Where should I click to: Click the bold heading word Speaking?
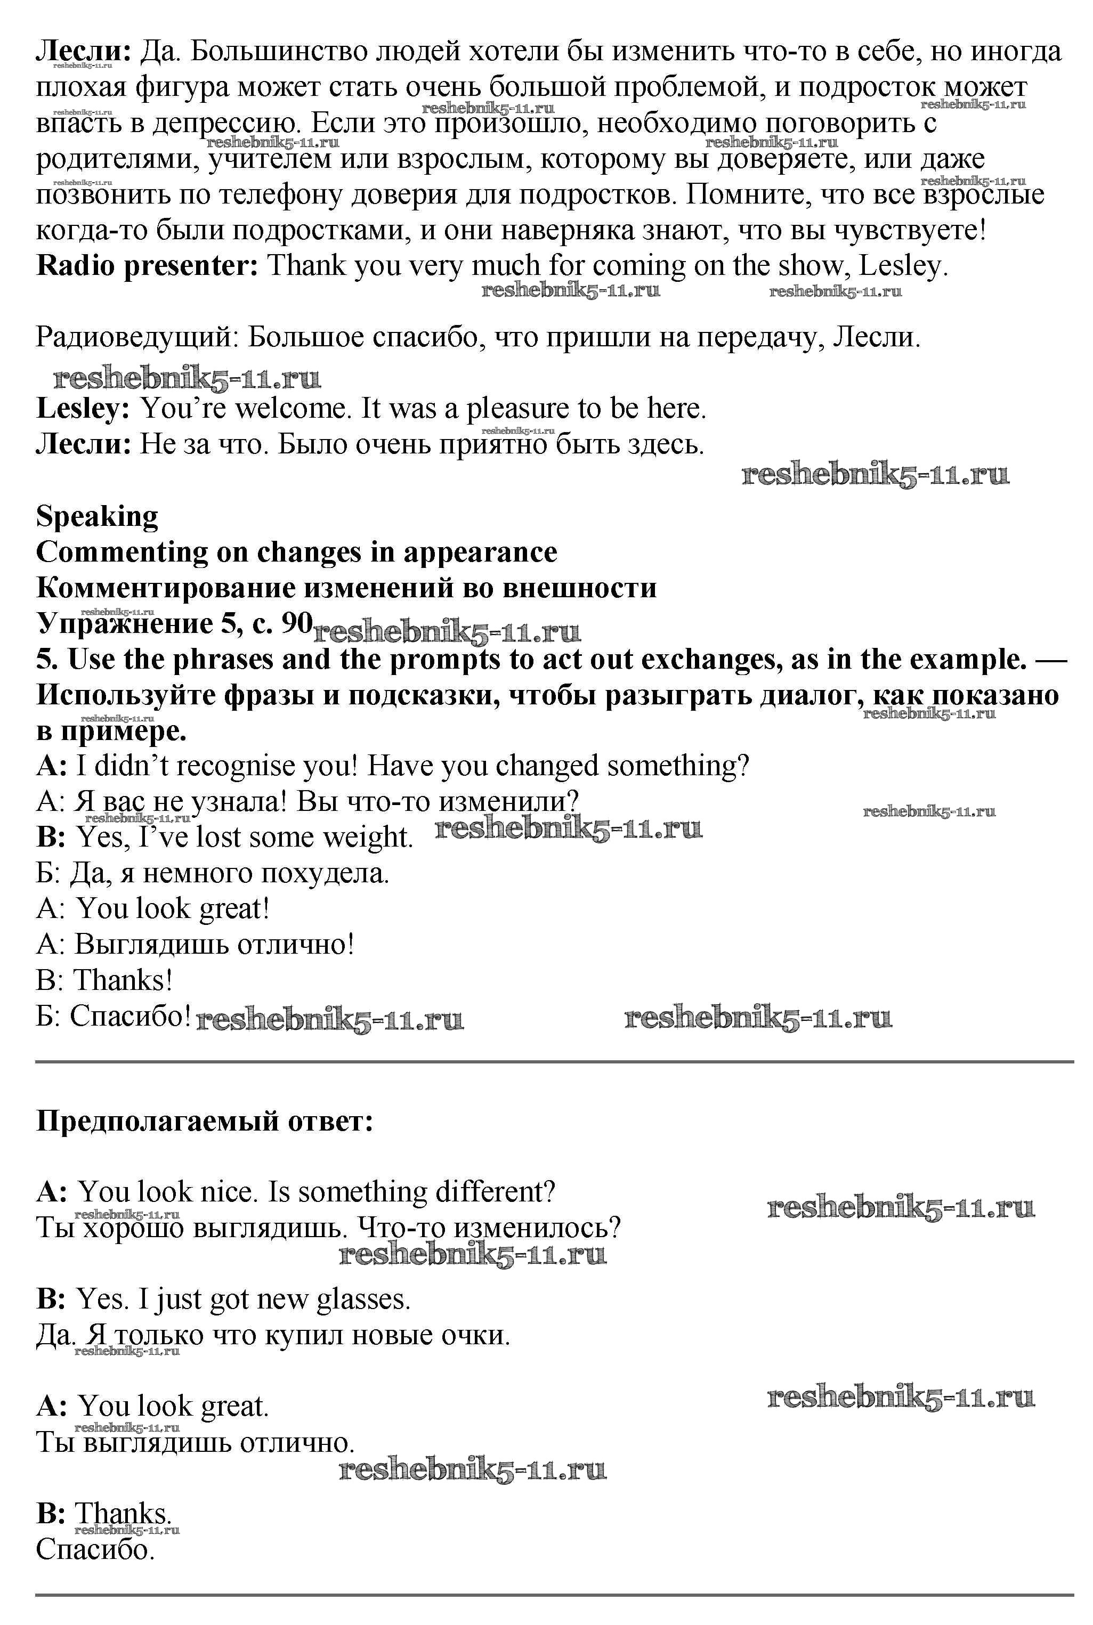97,517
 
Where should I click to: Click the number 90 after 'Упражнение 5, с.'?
296,623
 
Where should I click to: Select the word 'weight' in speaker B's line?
374,838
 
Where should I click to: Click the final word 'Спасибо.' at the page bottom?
95,1550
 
